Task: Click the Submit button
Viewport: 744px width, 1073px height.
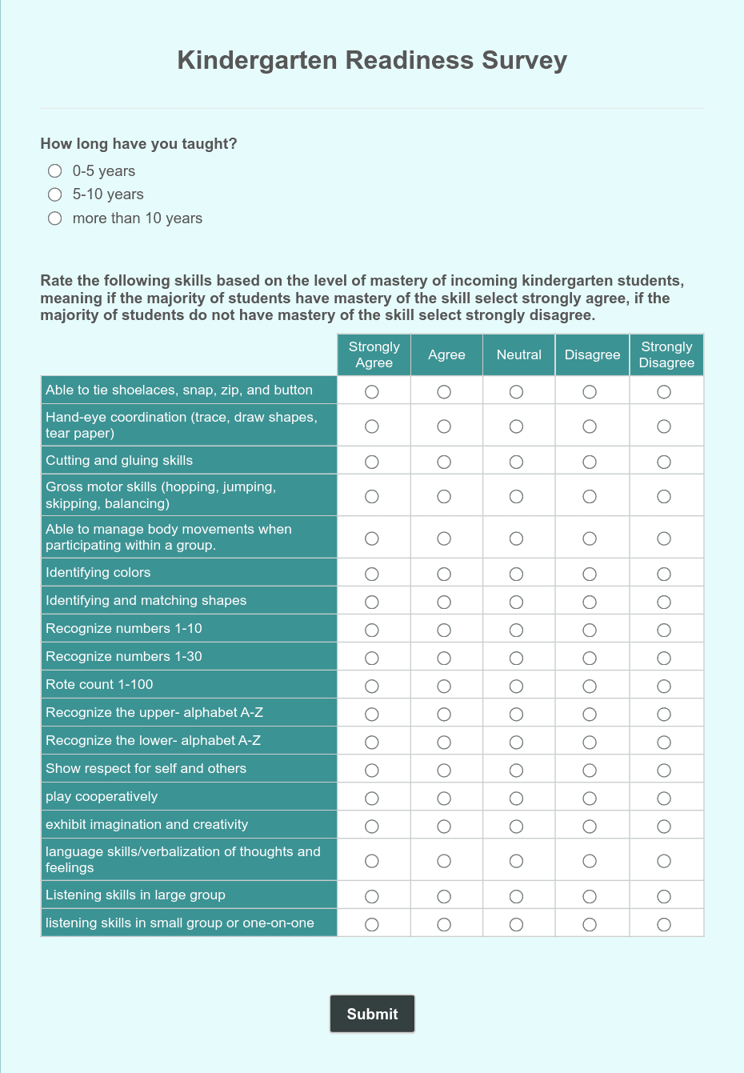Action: coord(372,1014)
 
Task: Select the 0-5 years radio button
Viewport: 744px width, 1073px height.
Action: coord(54,170)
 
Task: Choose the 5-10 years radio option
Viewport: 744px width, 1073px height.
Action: coord(54,194)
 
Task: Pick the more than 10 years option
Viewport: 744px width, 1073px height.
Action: coord(54,218)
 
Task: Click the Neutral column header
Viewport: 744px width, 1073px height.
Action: coord(518,354)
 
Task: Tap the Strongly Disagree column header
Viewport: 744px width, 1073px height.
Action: coord(666,354)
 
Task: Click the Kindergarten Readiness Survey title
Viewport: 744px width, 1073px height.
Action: coord(372,60)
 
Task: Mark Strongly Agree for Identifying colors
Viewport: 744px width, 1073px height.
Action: coord(372,574)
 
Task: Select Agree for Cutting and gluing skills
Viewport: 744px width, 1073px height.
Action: coord(444,462)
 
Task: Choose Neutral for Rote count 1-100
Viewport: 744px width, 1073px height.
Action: coord(517,686)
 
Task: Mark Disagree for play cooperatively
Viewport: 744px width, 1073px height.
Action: coord(590,798)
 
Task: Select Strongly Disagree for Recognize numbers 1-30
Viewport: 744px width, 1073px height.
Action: coord(664,658)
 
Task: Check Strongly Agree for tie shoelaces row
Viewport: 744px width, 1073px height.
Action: coord(372,391)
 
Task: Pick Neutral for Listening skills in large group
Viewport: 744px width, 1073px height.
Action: coord(517,896)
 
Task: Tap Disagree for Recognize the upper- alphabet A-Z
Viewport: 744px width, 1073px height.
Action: coord(590,714)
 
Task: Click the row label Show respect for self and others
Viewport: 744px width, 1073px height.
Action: coord(146,768)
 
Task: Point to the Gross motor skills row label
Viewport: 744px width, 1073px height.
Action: coord(160,494)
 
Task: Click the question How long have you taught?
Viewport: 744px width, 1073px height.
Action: coord(138,144)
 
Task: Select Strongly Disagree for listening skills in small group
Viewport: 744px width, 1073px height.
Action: coord(664,924)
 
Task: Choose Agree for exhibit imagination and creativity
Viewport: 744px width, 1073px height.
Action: coord(444,826)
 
